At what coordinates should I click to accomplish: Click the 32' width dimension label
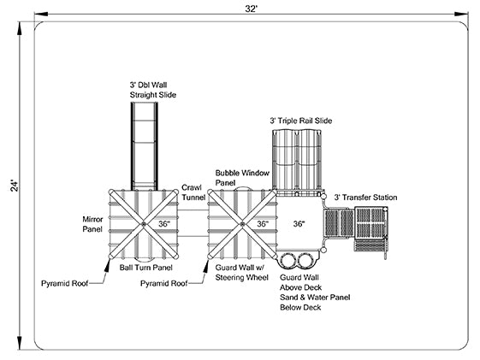click(x=252, y=9)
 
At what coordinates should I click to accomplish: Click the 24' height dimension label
click(x=15, y=186)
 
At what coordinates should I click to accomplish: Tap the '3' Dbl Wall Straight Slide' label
click(x=153, y=90)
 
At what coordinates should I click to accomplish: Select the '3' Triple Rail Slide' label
click(x=300, y=121)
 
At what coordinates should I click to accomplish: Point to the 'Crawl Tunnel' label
click(x=193, y=192)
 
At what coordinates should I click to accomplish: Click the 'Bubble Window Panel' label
click(x=242, y=178)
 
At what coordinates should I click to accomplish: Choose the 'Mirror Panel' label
click(x=92, y=224)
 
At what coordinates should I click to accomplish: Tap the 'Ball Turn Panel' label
click(x=145, y=268)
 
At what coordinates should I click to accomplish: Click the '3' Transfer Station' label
click(x=365, y=198)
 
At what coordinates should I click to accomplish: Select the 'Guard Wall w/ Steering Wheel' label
click(x=242, y=273)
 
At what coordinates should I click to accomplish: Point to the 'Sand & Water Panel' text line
click(x=315, y=298)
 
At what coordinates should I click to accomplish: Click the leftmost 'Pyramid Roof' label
click(x=64, y=284)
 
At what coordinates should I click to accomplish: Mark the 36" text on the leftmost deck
click(x=164, y=224)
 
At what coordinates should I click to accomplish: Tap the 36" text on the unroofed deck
click(x=299, y=224)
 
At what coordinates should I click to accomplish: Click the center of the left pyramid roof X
click(x=144, y=224)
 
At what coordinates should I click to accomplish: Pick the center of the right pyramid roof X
click(x=242, y=224)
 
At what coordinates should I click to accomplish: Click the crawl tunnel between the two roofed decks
click(x=193, y=223)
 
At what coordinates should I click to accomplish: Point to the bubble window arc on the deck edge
click(x=242, y=188)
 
